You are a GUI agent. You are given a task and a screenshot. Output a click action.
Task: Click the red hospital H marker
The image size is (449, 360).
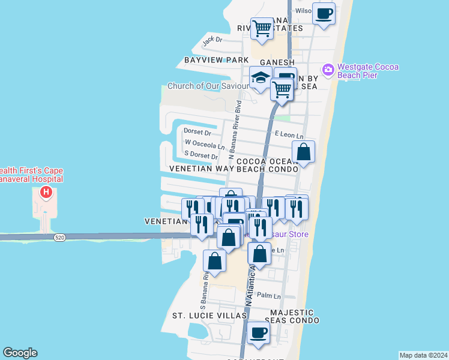pos(46,193)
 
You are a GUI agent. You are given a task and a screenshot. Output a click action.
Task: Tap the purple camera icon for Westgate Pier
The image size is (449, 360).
pos(328,70)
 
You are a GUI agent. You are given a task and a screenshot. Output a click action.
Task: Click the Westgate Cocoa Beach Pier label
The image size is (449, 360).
pos(368,71)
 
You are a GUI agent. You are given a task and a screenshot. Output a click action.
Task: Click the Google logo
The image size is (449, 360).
pos(20,353)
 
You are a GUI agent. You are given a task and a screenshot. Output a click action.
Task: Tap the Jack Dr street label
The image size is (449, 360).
pos(212,41)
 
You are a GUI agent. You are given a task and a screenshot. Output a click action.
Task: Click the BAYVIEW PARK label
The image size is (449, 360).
pos(216,61)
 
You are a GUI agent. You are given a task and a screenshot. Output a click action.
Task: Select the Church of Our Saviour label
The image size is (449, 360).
pos(208,86)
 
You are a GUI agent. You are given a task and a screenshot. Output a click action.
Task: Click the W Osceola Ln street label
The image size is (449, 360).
pos(205,144)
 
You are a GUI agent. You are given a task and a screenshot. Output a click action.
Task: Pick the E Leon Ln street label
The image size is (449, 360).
pos(289,136)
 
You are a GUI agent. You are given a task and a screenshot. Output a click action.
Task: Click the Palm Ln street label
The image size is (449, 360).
pos(268,296)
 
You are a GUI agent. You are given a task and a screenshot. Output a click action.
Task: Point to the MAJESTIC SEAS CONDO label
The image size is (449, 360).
pos(292,316)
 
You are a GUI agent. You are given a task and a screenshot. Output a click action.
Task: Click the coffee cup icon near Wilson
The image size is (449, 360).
pos(324,13)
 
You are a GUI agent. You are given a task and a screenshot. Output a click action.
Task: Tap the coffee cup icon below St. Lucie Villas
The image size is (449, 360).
pos(259,332)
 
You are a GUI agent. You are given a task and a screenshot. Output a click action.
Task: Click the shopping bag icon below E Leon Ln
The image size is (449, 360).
pos(304,152)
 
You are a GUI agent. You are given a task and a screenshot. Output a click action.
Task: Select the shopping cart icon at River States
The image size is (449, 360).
pos(262,28)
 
